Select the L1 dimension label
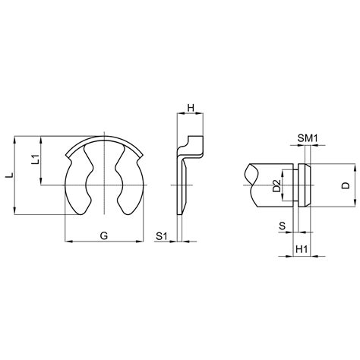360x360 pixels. [x=34, y=159]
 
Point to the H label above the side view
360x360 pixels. [x=191, y=107]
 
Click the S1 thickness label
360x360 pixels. [x=161, y=236]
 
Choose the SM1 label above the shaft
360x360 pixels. [x=308, y=137]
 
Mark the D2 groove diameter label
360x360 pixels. [x=277, y=185]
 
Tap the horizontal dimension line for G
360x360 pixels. [x=104, y=242]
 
